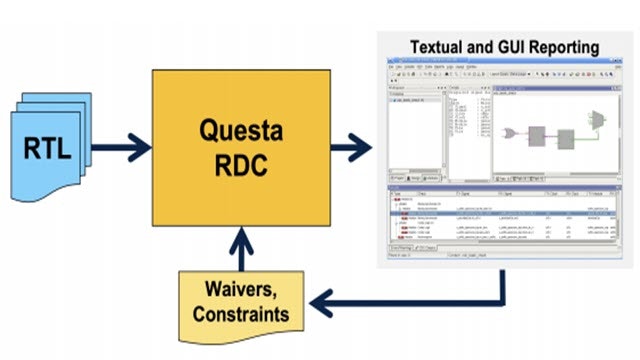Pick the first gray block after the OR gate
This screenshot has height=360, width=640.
(538, 134)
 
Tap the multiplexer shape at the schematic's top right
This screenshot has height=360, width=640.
(597, 119)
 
